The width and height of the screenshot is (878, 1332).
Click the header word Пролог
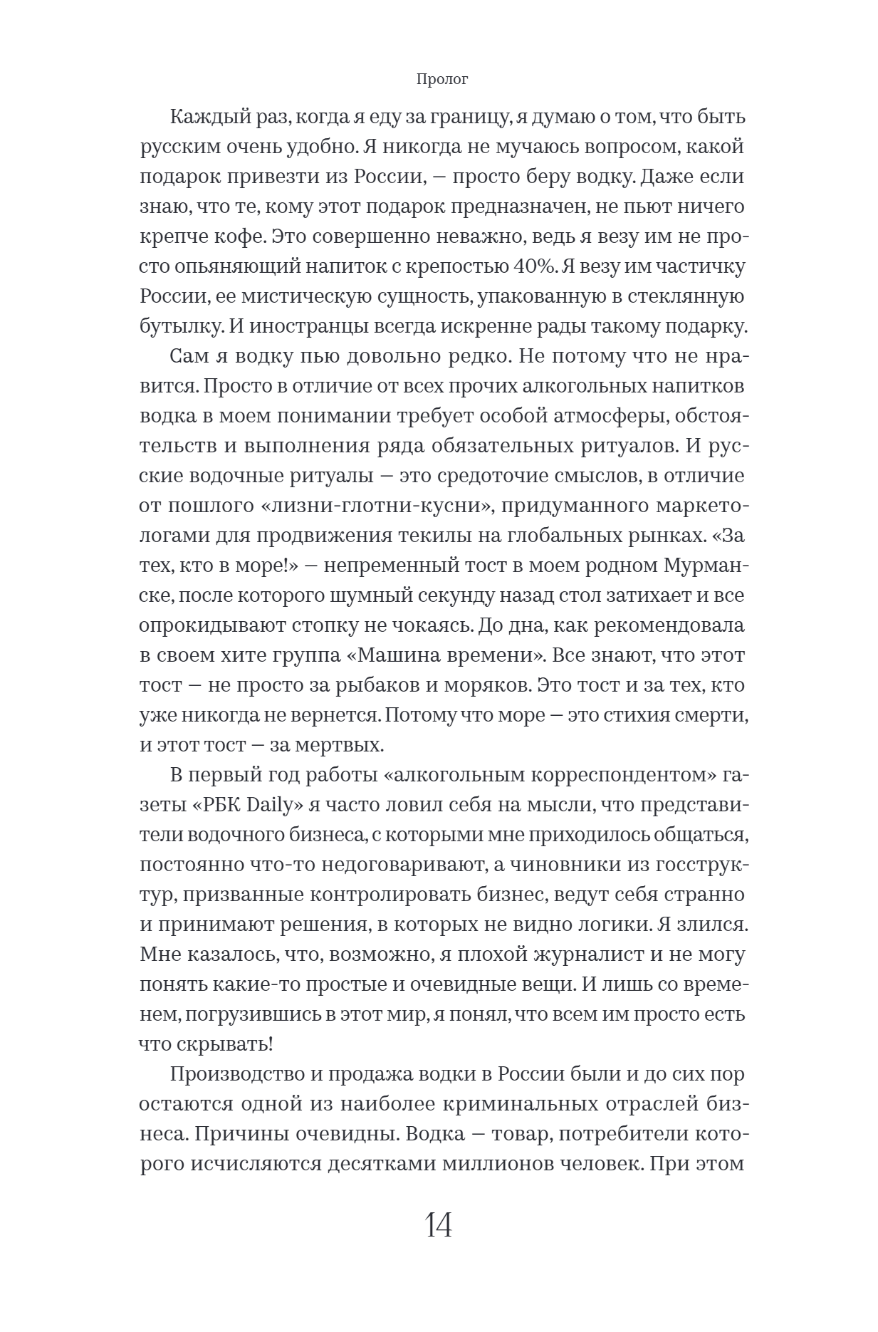point(441,80)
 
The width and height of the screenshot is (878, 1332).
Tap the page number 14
point(439,1224)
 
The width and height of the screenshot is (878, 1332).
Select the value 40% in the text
point(534,267)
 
